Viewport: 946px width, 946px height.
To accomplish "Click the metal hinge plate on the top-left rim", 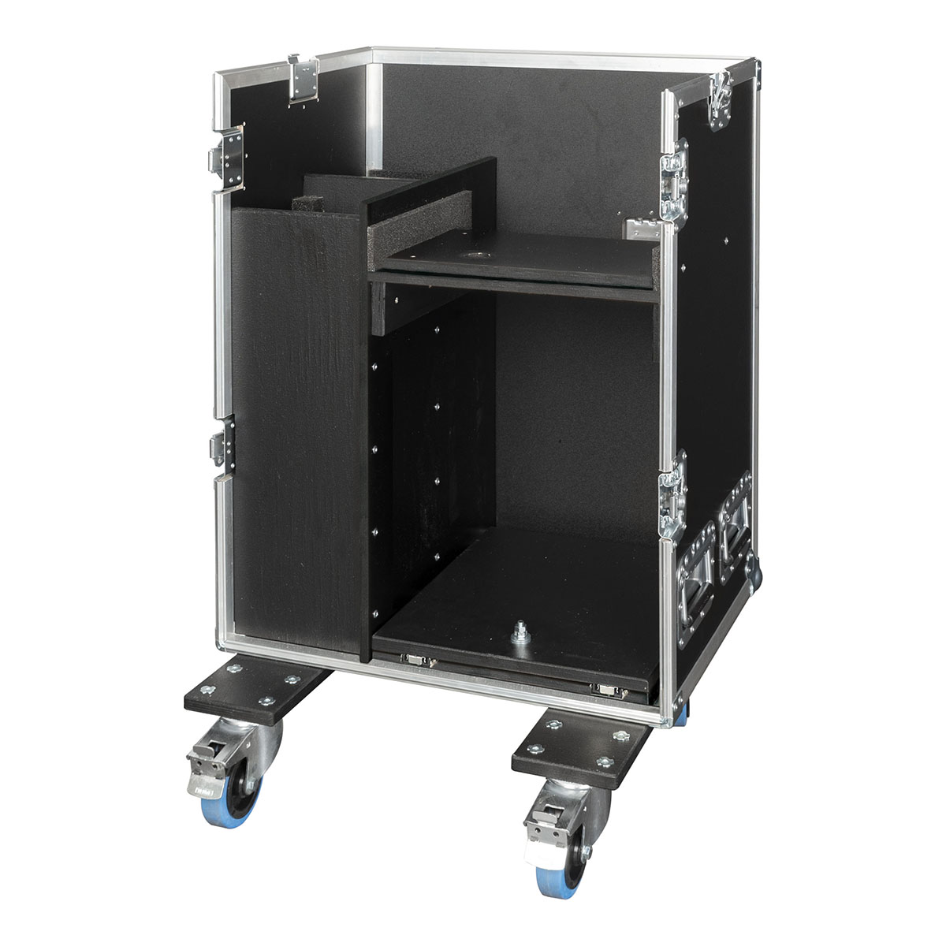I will tap(304, 79).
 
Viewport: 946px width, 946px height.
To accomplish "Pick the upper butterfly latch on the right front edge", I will tap(672, 177).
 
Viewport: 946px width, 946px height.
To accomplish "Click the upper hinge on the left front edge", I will tap(228, 158).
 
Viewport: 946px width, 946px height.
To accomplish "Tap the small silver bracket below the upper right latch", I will tap(642, 229).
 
